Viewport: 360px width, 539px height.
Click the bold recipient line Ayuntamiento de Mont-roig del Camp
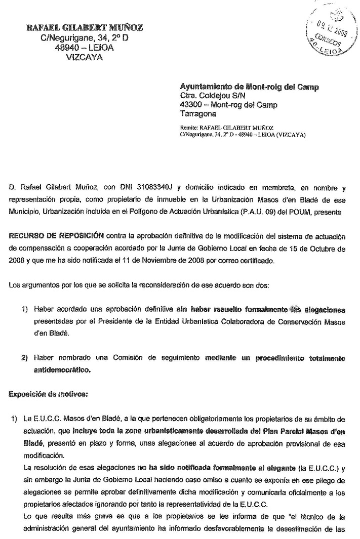[250, 87]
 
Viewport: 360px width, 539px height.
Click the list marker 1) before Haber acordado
[24, 308]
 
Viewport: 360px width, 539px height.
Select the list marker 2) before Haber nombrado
[24, 358]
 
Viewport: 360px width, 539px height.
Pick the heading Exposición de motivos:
[41, 393]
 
